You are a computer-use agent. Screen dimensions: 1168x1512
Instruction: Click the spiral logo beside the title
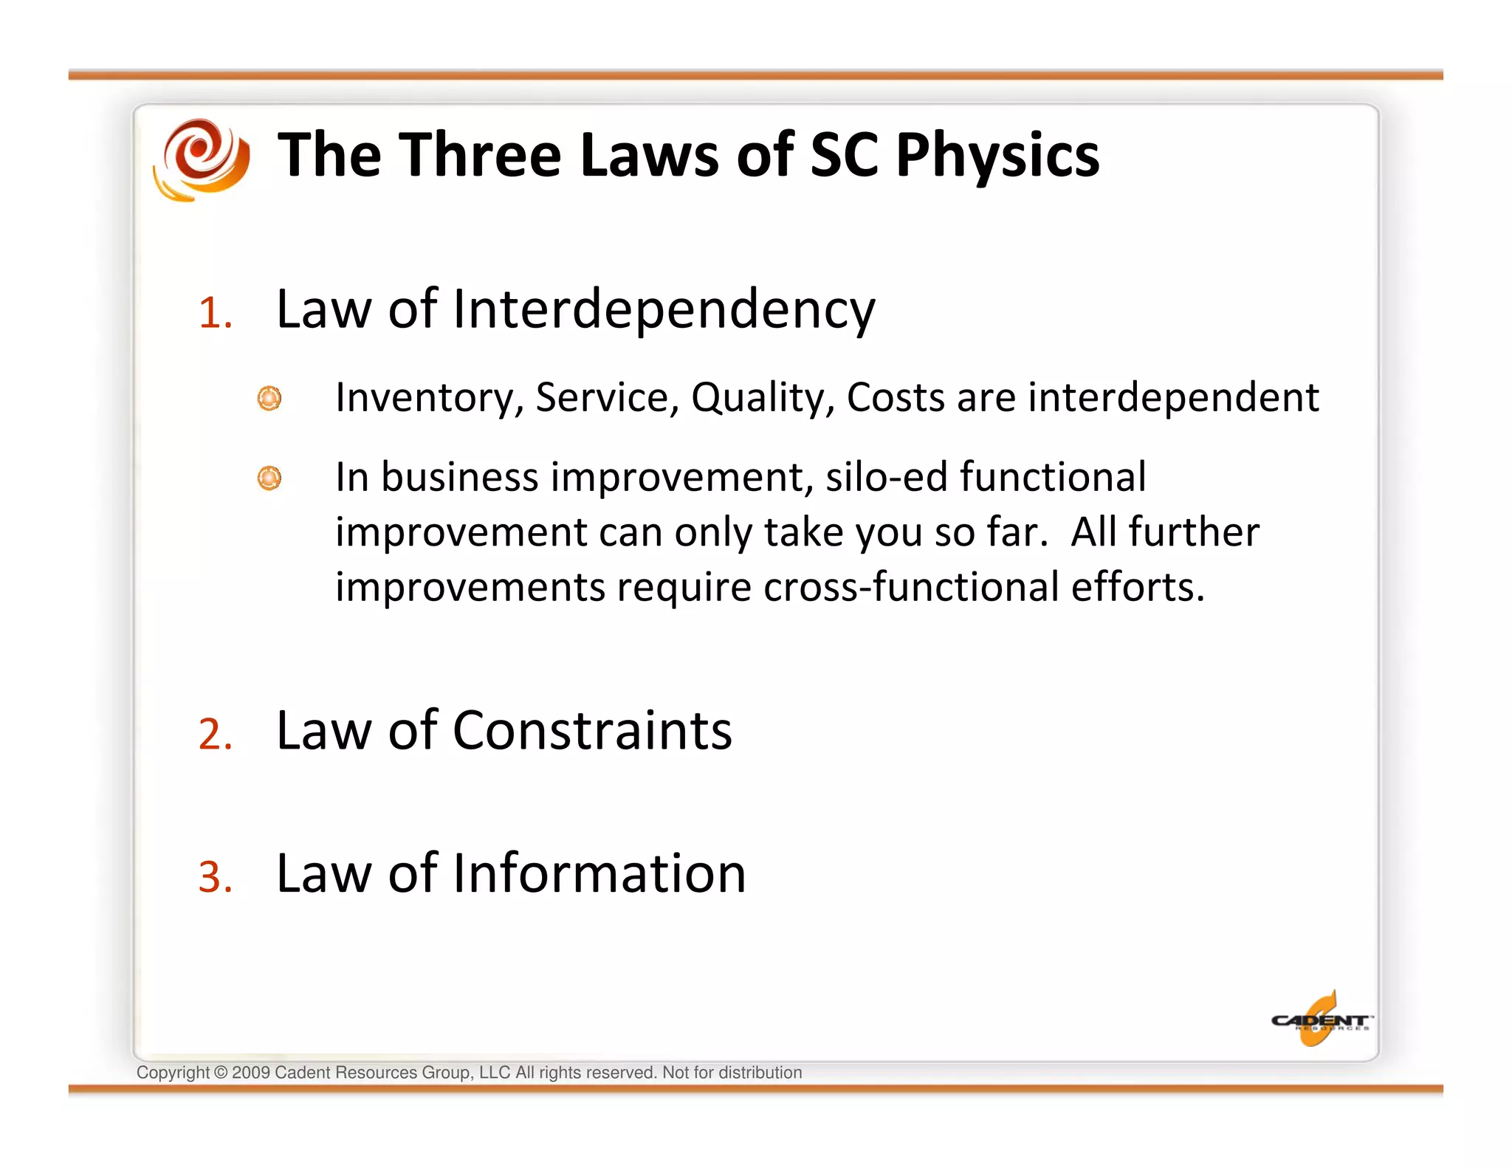point(201,159)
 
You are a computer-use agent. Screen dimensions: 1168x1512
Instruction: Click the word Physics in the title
point(997,156)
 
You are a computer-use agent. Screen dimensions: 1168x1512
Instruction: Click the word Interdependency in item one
point(663,310)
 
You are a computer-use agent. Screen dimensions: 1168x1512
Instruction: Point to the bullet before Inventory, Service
point(269,399)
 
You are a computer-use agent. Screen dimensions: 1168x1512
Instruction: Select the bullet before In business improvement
point(269,478)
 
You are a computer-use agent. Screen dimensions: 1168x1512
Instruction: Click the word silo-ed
point(886,477)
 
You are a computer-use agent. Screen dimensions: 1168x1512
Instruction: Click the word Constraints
point(592,731)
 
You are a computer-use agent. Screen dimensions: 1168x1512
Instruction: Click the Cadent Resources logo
point(1320,1020)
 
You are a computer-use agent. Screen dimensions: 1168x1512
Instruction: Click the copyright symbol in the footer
point(221,1073)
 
